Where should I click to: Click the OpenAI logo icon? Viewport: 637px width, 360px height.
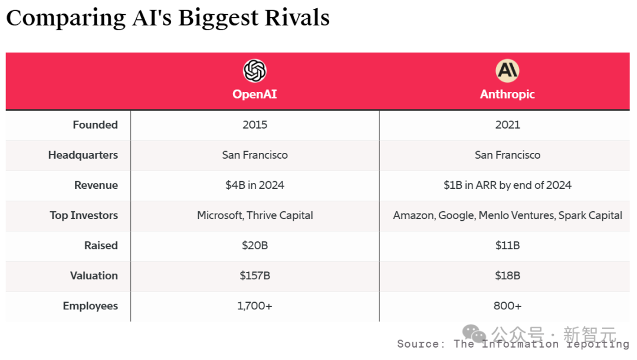point(255,71)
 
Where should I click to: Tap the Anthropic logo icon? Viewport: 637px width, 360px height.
point(507,71)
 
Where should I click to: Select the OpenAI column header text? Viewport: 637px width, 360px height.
point(255,94)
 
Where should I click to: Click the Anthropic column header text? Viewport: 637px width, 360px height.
point(507,94)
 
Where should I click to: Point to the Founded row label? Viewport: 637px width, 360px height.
point(95,125)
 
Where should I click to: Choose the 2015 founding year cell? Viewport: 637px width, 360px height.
point(255,125)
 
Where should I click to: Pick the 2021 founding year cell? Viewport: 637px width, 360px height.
point(507,125)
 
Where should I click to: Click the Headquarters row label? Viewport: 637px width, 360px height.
point(83,155)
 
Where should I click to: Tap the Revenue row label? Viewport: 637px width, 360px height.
point(96,185)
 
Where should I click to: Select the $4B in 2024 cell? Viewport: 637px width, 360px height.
point(255,185)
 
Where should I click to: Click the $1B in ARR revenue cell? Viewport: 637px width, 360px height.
point(507,185)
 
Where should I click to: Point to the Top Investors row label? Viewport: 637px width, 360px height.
point(84,215)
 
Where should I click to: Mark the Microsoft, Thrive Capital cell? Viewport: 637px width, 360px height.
point(255,215)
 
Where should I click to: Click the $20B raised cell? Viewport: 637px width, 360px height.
point(255,246)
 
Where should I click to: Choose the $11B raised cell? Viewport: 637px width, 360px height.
point(507,246)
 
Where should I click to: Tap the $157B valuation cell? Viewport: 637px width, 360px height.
point(255,276)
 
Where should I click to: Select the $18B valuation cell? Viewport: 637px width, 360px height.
point(507,276)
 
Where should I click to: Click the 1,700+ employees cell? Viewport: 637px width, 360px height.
point(255,306)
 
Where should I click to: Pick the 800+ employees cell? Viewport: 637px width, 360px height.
point(507,306)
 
